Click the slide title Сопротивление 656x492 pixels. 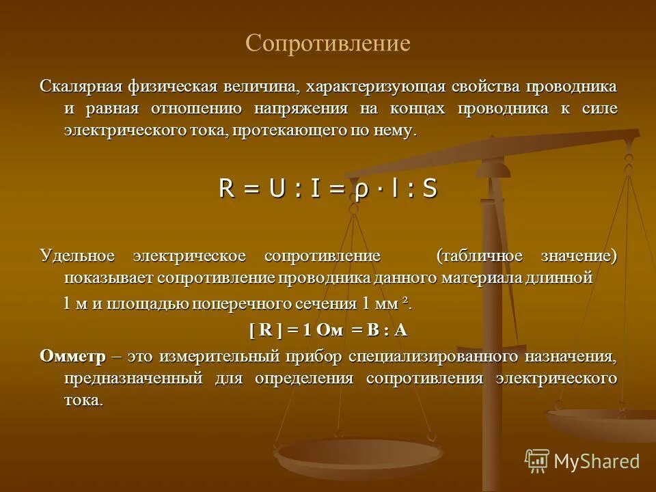pos(328,44)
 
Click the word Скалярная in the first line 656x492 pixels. pos(81,87)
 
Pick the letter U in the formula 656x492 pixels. pos(277,189)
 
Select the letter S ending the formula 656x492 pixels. pos(429,189)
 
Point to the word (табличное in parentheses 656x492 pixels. pos(480,256)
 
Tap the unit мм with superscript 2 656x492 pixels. pos(399,304)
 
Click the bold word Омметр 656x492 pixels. pos(73,356)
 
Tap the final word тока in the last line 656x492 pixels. pos(83,400)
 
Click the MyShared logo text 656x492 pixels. pos(596,461)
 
